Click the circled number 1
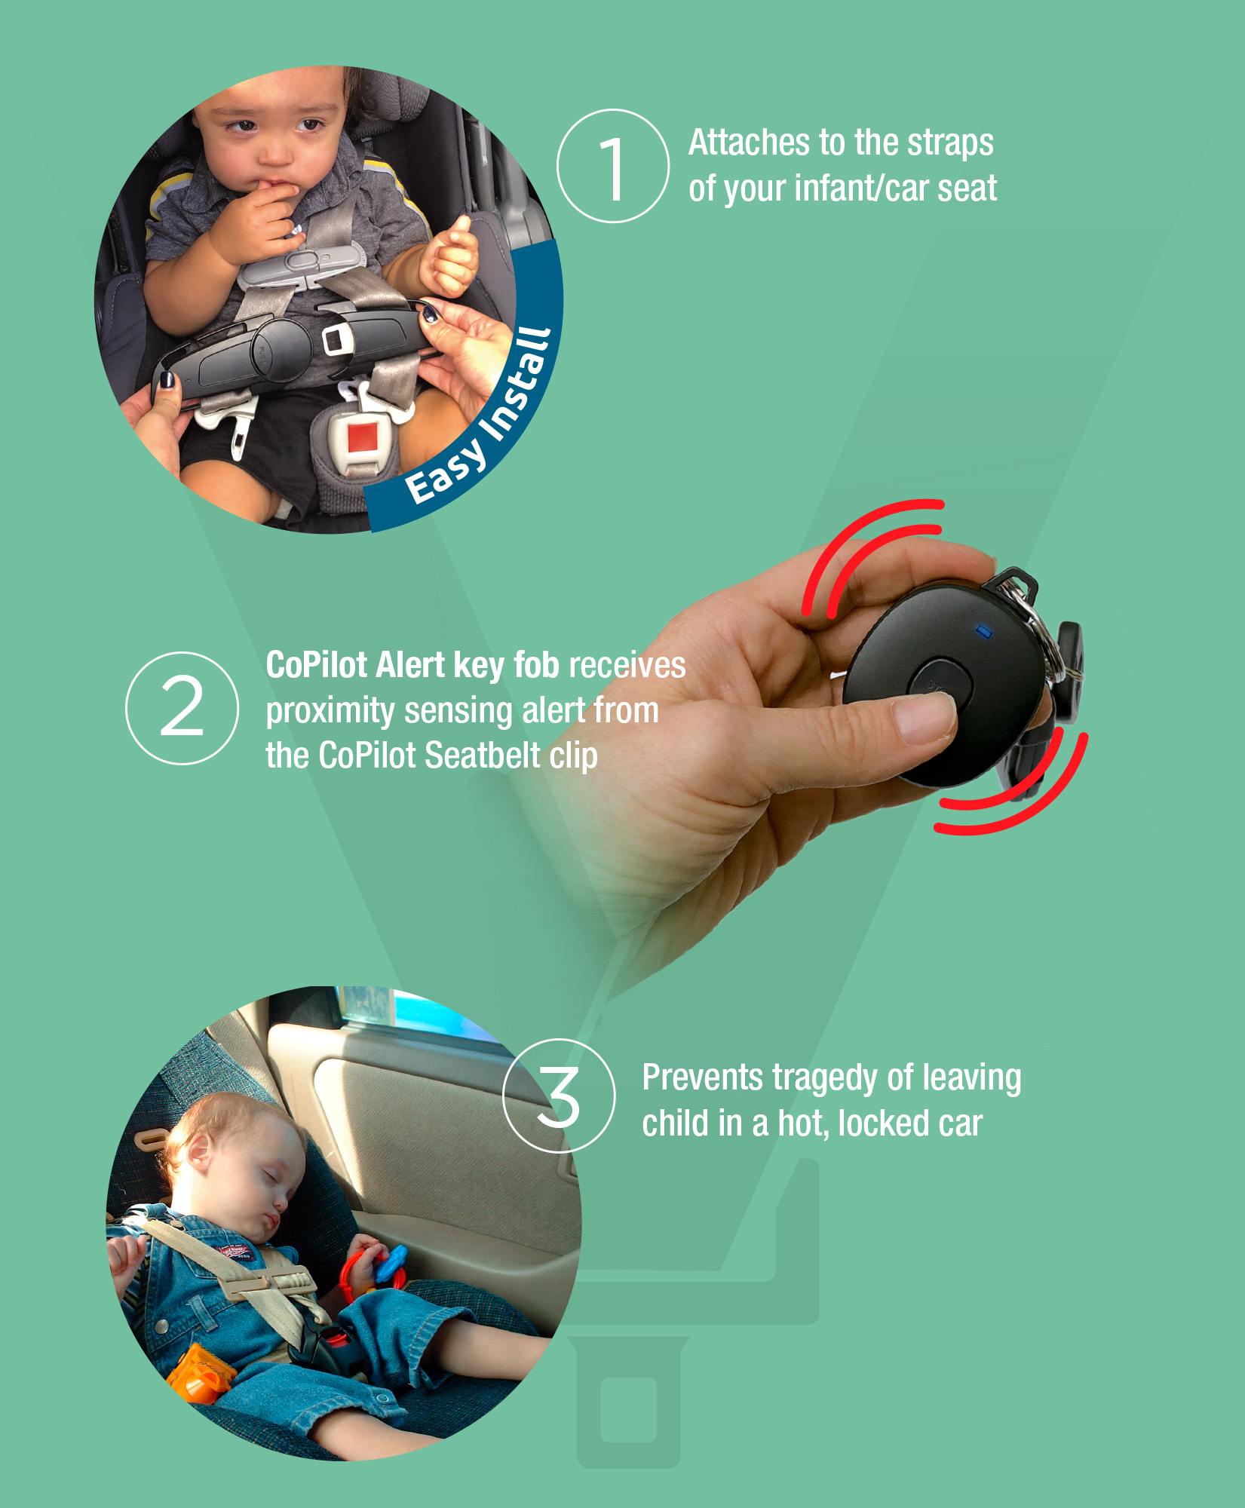click(x=612, y=166)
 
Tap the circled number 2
click(x=182, y=708)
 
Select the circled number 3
click(x=559, y=1096)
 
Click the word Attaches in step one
click(x=750, y=143)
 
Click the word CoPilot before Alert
click(x=317, y=665)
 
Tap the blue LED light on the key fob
click(x=983, y=630)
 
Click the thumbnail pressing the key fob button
click(x=925, y=716)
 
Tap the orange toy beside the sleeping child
click(x=198, y=1373)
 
